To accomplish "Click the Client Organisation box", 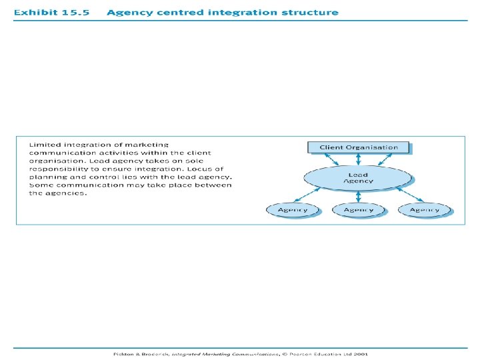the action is click(x=359, y=147).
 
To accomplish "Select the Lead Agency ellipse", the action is click(x=359, y=177).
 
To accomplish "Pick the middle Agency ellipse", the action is click(x=359, y=209).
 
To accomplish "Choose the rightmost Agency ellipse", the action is click(x=425, y=209).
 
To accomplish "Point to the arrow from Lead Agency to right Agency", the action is click(x=407, y=194).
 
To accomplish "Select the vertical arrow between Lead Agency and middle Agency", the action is click(x=359, y=196).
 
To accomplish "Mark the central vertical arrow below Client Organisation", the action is click(x=359, y=160).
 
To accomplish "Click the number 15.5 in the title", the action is click(x=75, y=13).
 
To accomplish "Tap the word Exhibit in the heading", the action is click(x=35, y=13).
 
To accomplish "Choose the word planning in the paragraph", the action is click(x=46, y=177).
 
